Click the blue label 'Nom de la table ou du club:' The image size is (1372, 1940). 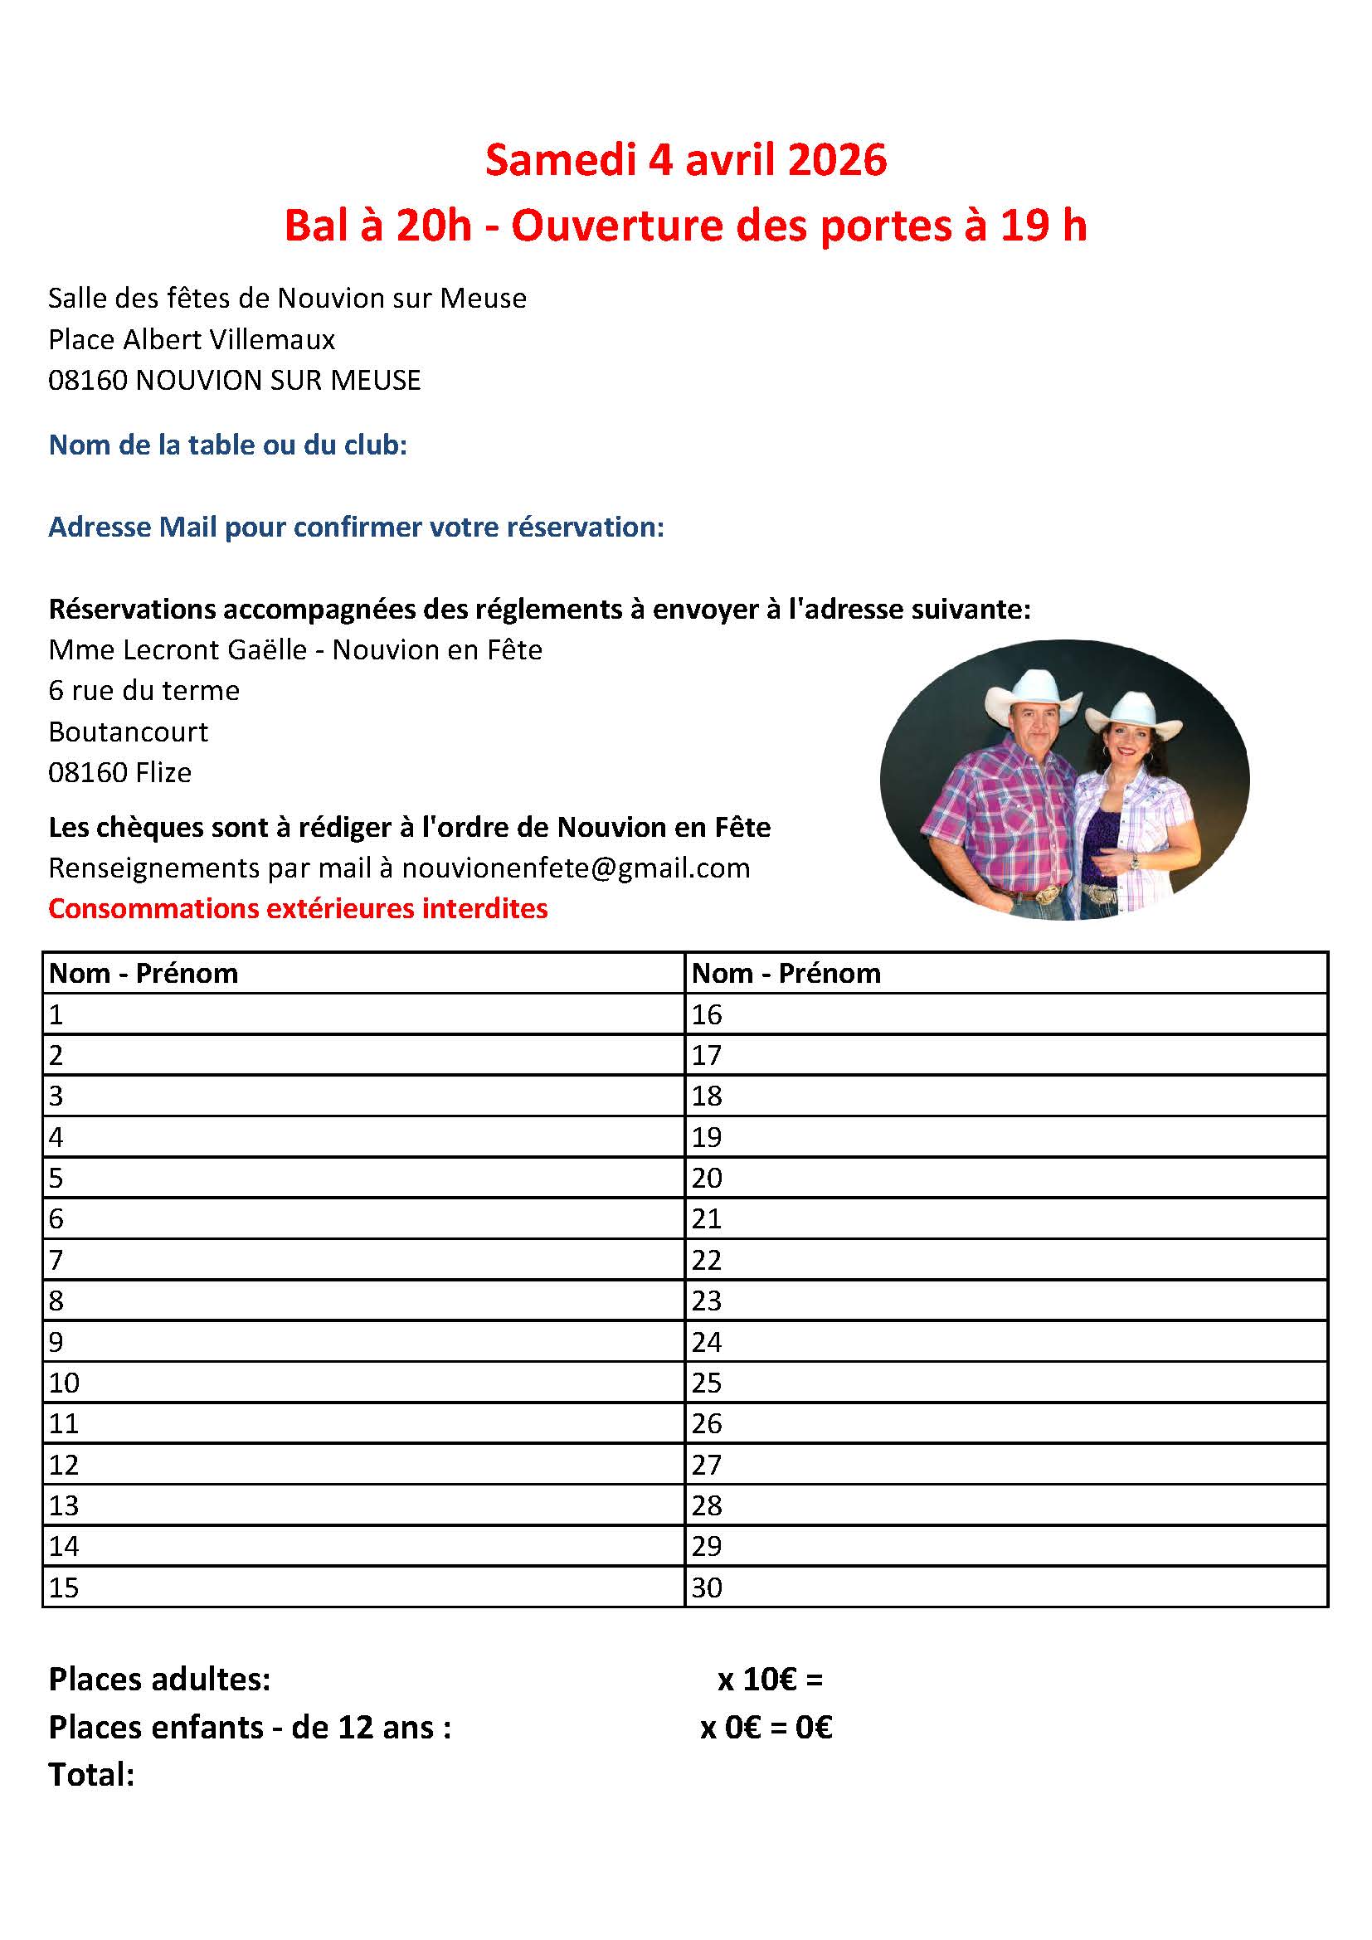pyautogui.click(x=228, y=445)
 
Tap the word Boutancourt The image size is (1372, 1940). pyautogui.click(x=129, y=731)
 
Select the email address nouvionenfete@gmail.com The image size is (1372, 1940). pyautogui.click(x=576, y=868)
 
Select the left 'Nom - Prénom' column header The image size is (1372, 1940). pyautogui.click(x=144, y=974)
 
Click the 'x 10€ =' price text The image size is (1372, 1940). pyautogui.click(x=770, y=1679)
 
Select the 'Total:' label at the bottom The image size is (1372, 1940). pyautogui.click(x=91, y=1775)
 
